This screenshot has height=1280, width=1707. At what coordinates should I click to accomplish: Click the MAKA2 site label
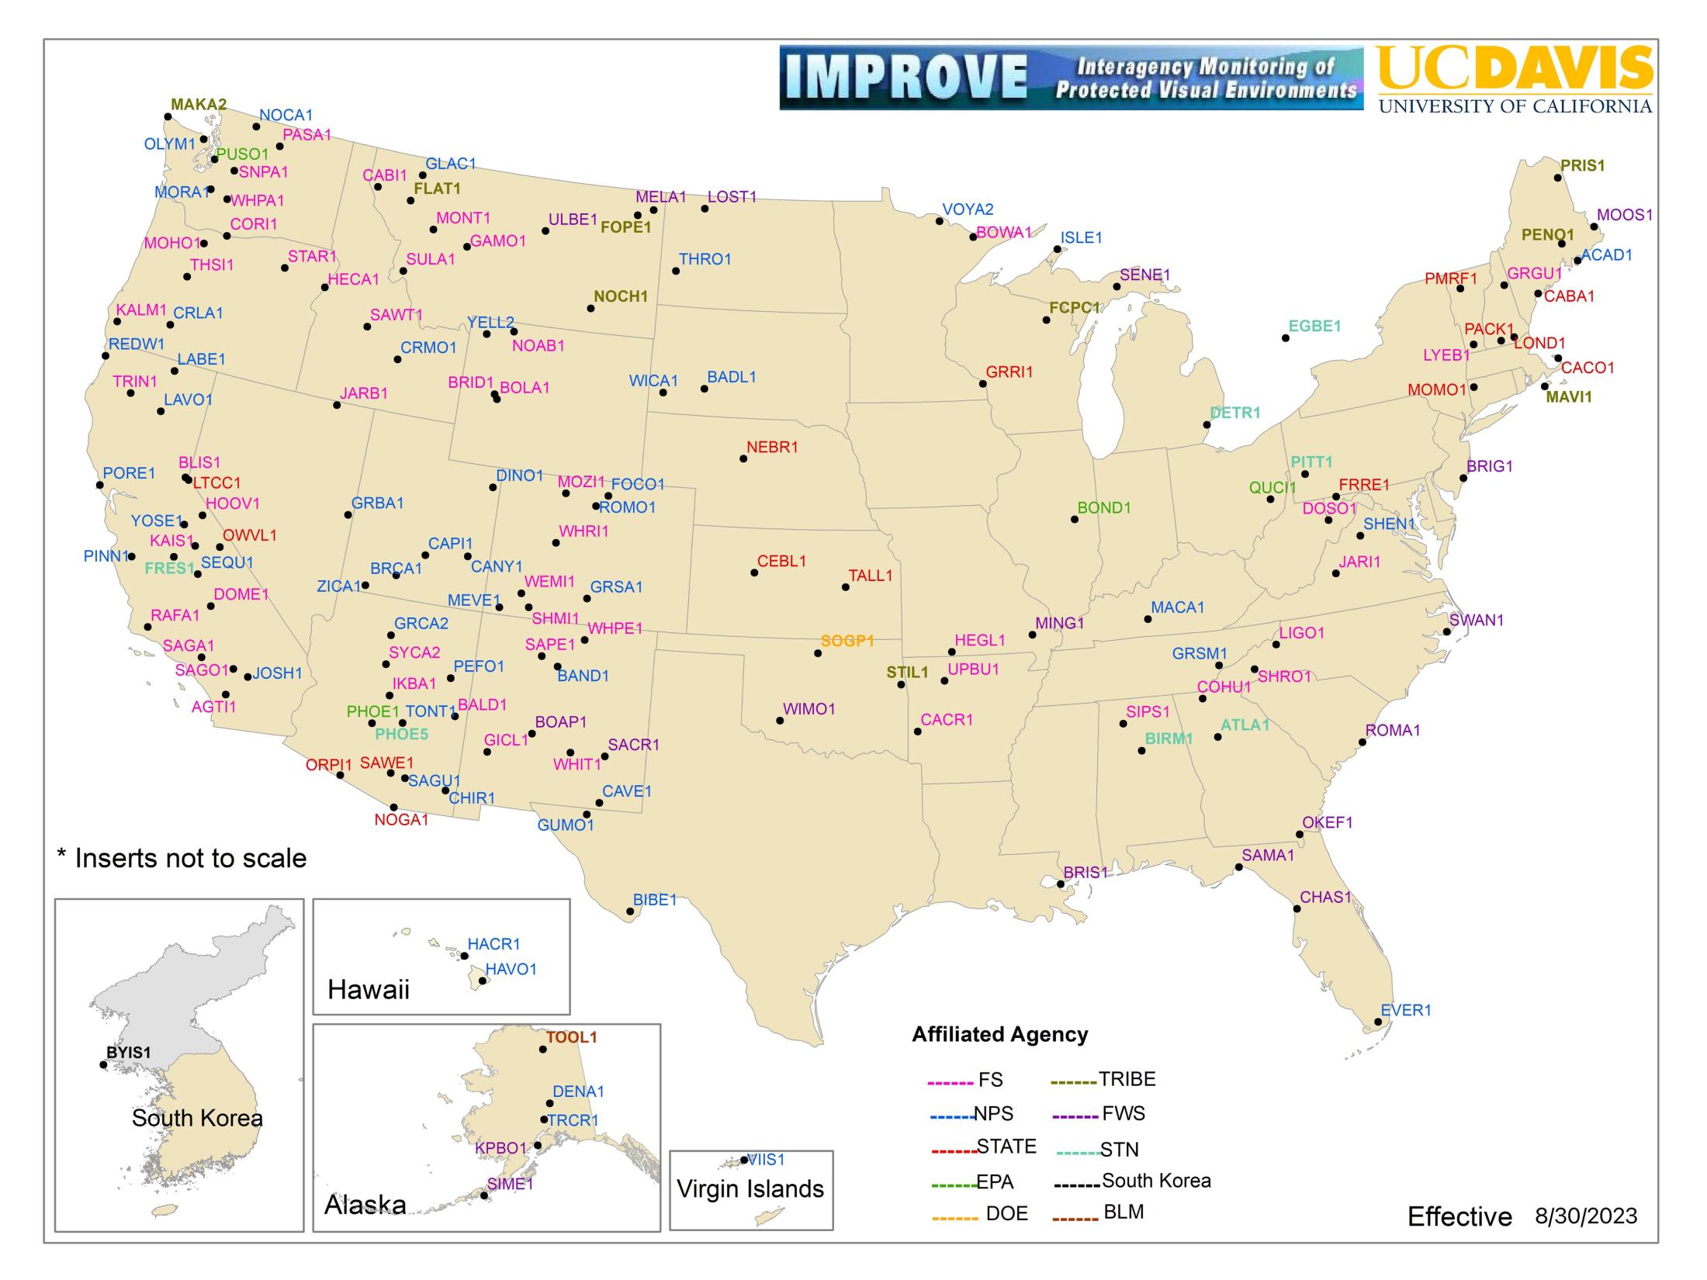tap(199, 105)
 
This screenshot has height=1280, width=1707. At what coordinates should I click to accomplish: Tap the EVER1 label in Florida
tap(1406, 1010)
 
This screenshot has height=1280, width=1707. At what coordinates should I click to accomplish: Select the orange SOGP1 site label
tap(847, 642)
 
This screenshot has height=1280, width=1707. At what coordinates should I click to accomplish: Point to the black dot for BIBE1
tap(630, 912)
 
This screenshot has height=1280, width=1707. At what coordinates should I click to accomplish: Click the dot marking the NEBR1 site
tap(743, 459)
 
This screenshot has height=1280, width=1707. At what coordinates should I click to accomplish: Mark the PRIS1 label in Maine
tap(1583, 166)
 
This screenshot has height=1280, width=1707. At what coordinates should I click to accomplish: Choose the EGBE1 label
tap(1314, 327)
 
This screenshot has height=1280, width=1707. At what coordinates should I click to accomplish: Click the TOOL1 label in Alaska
tap(571, 1037)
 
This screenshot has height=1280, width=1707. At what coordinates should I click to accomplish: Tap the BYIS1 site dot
tap(103, 1065)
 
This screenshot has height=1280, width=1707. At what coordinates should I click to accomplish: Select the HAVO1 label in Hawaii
tap(511, 970)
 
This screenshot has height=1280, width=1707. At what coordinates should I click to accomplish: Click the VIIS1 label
tap(767, 1160)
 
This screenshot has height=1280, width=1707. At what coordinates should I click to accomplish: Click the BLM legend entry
tap(1123, 1212)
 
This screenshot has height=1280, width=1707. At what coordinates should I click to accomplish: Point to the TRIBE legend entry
tap(1127, 1079)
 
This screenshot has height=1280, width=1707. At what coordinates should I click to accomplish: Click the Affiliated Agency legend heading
tap(999, 1034)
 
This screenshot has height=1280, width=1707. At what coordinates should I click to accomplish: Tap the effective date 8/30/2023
tap(1586, 1216)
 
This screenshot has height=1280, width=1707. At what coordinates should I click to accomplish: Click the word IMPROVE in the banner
tap(905, 78)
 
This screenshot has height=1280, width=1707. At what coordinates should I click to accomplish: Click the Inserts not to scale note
tap(182, 858)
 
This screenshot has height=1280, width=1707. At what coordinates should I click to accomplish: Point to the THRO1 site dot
tap(676, 272)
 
